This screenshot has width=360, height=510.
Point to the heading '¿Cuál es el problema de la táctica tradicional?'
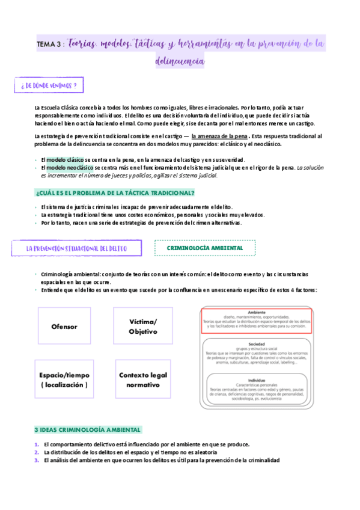pyautogui.click(x=115, y=192)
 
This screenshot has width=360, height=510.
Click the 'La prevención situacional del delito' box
pyautogui.click(x=75, y=248)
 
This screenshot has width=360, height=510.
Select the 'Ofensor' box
pyautogui.click(x=64, y=327)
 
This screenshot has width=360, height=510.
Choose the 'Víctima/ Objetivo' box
pyautogui.click(x=142, y=327)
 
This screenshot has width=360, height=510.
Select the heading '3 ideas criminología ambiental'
pyautogui.click(x=88, y=429)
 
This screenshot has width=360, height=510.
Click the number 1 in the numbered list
pyautogui.click(x=37, y=444)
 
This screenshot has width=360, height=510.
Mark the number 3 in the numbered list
pyautogui.click(x=37, y=460)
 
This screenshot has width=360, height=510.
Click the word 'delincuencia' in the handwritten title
pyautogui.click(x=180, y=61)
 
